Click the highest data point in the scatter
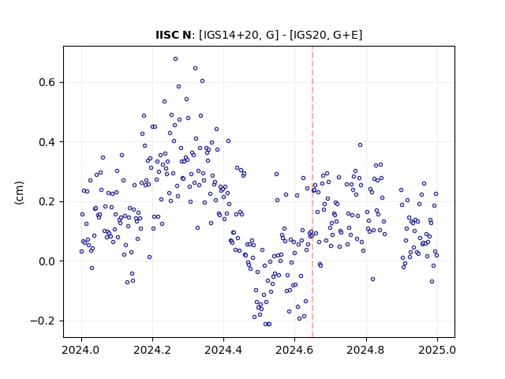[175, 59]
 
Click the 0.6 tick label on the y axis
[47, 82]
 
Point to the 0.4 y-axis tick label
[47, 142]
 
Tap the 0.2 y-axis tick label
[47, 202]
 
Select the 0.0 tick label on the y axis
[47, 261]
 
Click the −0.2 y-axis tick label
[43, 321]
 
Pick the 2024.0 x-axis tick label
[81, 350]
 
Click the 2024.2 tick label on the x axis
[152, 350]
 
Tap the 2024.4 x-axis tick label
[223, 350]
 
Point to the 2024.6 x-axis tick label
[294, 350]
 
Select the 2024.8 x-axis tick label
[366, 350]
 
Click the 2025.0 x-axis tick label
[437, 350]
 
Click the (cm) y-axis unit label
[19, 193]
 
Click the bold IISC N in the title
[174, 35]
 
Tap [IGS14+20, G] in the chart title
[238, 35]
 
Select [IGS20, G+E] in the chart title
[326, 35]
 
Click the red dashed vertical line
[312, 192]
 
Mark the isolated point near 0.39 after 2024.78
[360, 145]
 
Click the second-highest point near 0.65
[195, 69]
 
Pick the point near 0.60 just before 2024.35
[202, 81]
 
